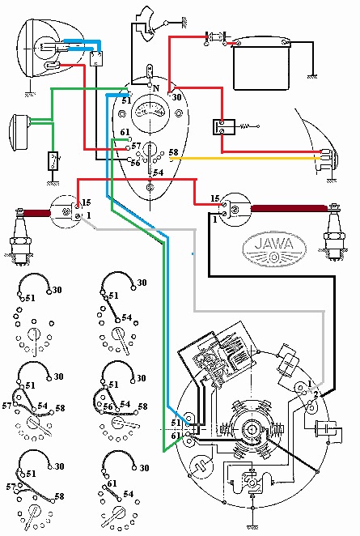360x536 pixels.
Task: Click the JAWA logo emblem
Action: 274,249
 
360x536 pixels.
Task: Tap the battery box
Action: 261,66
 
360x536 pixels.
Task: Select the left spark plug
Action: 20,236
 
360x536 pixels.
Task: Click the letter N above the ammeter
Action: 156,88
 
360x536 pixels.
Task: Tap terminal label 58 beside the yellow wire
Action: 173,152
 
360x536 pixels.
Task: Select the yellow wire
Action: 246,158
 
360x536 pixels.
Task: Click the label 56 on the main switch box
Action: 136,163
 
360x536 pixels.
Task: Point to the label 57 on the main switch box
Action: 136,146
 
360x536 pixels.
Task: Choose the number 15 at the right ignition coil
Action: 215,198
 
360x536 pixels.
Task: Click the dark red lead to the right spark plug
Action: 289,209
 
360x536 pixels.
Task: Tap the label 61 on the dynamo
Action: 176,436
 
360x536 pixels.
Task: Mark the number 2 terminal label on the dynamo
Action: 316,395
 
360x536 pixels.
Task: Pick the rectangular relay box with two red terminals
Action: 224,127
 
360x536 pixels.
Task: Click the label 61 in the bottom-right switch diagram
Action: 112,483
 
